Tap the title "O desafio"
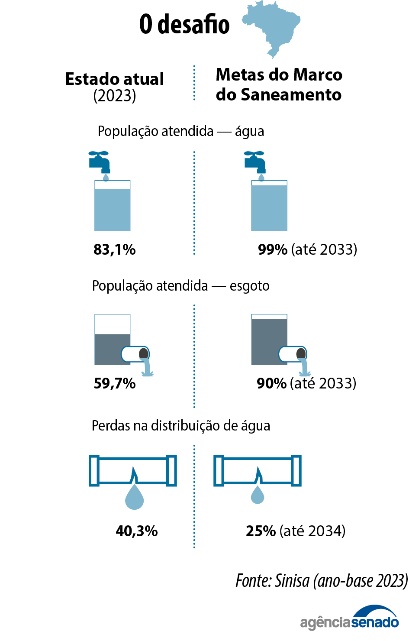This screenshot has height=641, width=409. click(x=184, y=24)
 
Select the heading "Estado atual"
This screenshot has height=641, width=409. click(x=115, y=79)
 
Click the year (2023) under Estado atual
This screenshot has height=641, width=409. click(x=115, y=96)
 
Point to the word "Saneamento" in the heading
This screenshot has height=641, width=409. click(x=291, y=95)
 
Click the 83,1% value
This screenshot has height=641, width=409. click(x=115, y=249)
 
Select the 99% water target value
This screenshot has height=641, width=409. click(x=273, y=249)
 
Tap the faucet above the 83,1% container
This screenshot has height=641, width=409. click(x=100, y=161)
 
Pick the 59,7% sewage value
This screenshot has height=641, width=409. click(x=115, y=383)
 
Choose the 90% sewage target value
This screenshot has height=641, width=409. click(x=271, y=383)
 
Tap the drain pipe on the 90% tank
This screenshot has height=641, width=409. click(x=293, y=355)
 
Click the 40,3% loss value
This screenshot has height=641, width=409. click(x=137, y=531)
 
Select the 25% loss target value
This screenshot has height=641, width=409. click(x=261, y=531)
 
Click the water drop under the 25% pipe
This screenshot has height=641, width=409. click(x=258, y=495)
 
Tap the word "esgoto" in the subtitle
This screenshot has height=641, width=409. click(x=250, y=286)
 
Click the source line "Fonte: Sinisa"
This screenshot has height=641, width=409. click(x=321, y=581)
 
